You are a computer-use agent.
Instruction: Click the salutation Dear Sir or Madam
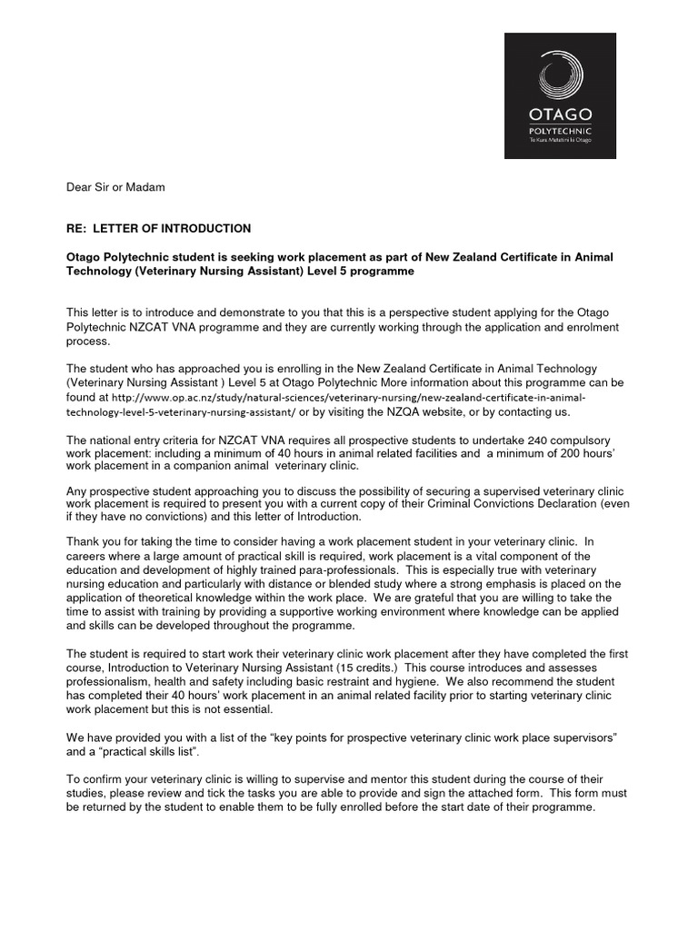coord(116,187)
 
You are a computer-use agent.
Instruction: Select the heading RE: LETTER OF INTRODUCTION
coord(159,228)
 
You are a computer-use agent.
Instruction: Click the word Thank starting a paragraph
coord(85,540)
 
